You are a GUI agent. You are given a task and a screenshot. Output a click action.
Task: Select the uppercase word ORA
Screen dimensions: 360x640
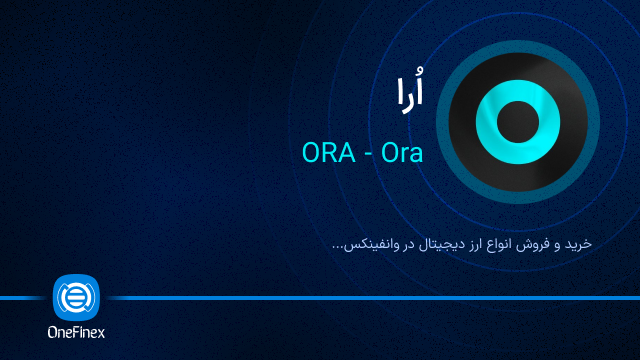(326, 154)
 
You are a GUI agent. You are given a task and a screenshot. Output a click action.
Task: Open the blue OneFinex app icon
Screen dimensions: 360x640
(76, 298)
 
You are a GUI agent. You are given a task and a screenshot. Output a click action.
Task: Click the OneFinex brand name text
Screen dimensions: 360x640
(76, 333)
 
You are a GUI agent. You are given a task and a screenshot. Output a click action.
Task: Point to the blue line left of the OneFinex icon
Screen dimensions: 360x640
(25, 298)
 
